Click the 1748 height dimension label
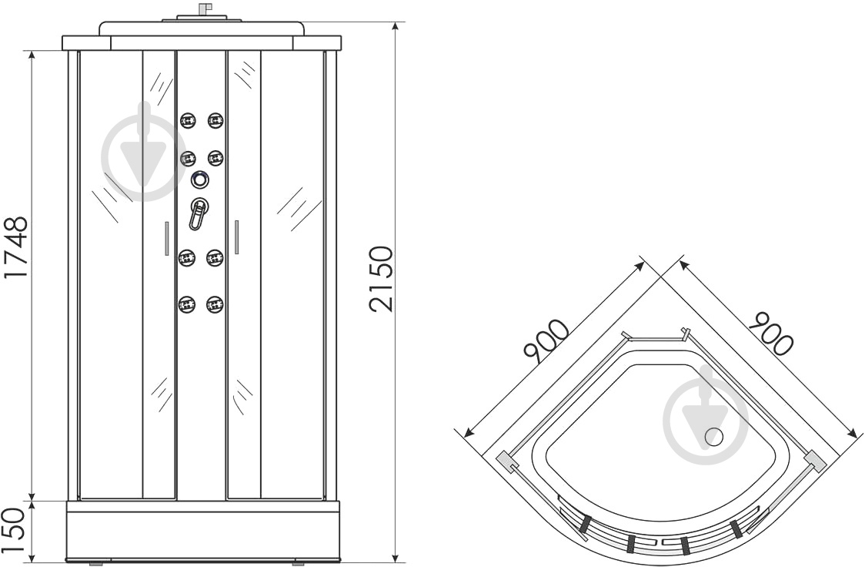coord(15,248)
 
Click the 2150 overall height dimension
coord(382,280)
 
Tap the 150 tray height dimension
coord(15,529)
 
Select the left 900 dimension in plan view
coord(546,341)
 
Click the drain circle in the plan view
coord(714,437)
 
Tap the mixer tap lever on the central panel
coord(198,213)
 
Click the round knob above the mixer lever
coord(200,179)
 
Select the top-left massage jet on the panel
coord(188,120)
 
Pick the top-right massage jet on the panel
coord(215,120)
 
